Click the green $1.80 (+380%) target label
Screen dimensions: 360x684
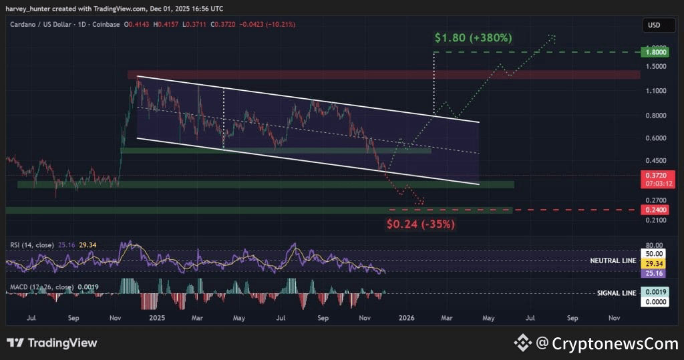(473, 38)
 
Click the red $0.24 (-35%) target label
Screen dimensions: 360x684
(421, 224)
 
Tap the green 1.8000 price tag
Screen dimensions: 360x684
(653, 51)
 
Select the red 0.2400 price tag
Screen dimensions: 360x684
(653, 210)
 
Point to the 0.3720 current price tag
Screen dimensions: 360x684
(653, 174)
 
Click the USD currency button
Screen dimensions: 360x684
(653, 25)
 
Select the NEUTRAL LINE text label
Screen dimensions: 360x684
(613, 260)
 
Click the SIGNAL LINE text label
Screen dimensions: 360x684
(616, 293)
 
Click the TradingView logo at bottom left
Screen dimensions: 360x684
(52, 343)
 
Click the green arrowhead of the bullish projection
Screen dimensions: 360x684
(552, 36)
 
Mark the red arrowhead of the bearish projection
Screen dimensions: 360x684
(421, 202)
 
